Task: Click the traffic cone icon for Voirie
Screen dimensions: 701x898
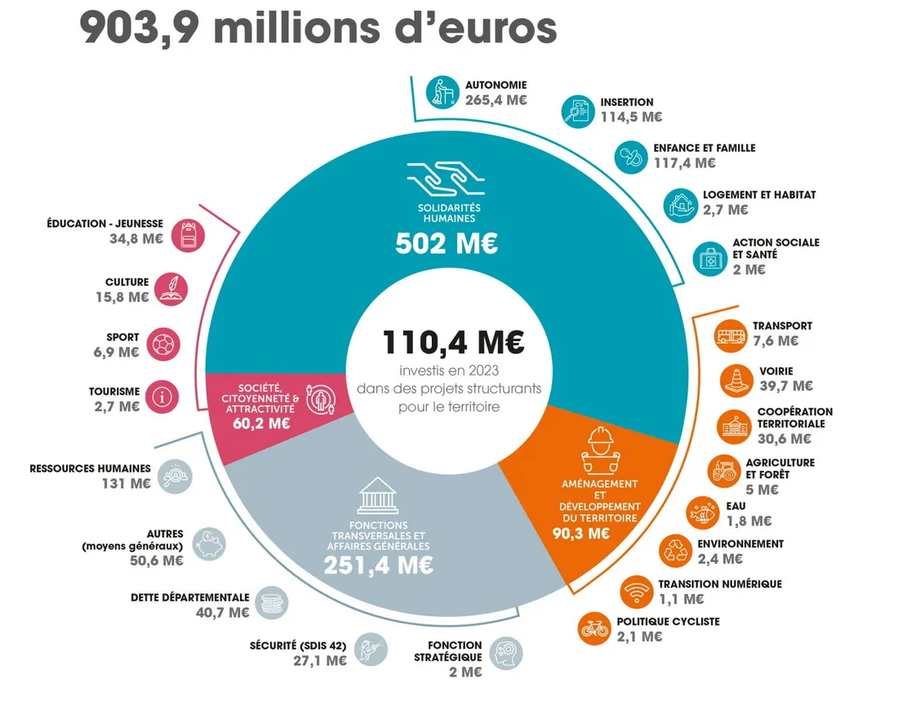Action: [736, 379]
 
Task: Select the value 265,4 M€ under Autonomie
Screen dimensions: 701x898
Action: [496, 100]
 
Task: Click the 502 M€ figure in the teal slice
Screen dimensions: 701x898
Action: [446, 244]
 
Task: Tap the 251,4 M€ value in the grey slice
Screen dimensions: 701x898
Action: [378, 565]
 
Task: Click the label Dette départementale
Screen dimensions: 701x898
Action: [189, 597]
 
